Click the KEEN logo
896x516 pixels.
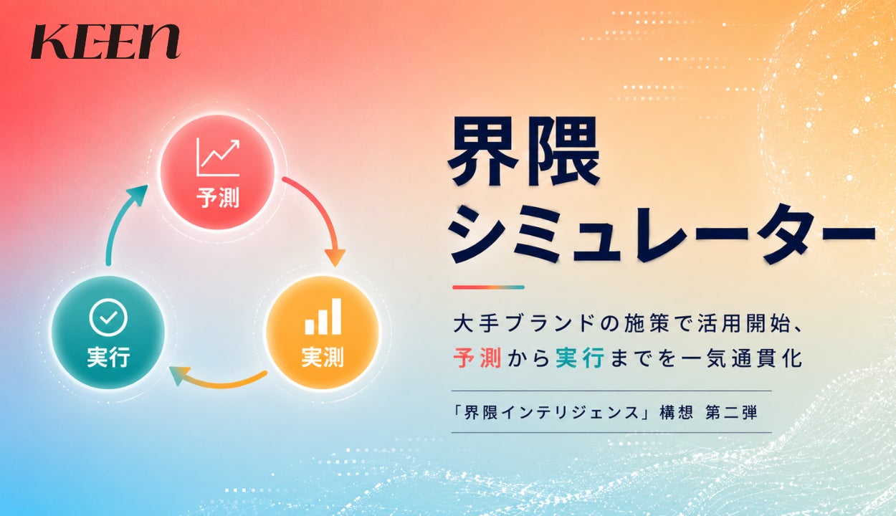[x=105, y=41]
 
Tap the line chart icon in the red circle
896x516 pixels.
[x=218, y=157]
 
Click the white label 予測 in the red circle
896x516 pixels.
[x=218, y=198]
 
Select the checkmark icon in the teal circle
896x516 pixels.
[x=108, y=317]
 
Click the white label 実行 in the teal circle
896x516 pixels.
[x=108, y=357]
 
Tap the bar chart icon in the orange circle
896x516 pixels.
[x=323, y=316]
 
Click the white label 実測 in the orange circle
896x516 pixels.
[x=323, y=357]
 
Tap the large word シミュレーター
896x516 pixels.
[x=662, y=234]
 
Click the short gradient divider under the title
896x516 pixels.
[x=488, y=287]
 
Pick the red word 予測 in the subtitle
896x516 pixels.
[x=477, y=358]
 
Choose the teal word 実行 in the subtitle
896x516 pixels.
[x=580, y=358]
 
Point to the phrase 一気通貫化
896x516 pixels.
[x=742, y=358]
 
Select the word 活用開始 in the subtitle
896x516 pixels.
[x=744, y=323]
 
